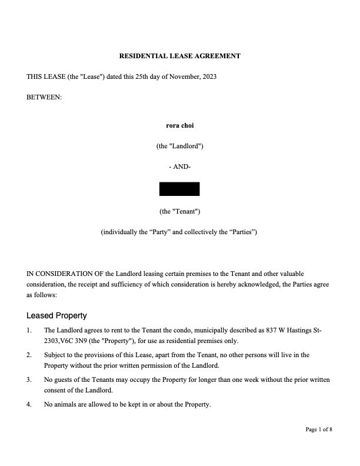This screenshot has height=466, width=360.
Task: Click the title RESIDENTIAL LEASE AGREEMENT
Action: point(180,56)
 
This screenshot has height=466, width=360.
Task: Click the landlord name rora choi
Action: point(180,125)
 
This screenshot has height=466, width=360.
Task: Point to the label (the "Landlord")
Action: point(180,146)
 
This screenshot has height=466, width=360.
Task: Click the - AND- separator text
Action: point(180,167)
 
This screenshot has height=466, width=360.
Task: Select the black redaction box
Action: point(179,189)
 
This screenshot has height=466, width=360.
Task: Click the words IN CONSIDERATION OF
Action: point(65,274)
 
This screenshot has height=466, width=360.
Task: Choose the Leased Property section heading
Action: point(56,315)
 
